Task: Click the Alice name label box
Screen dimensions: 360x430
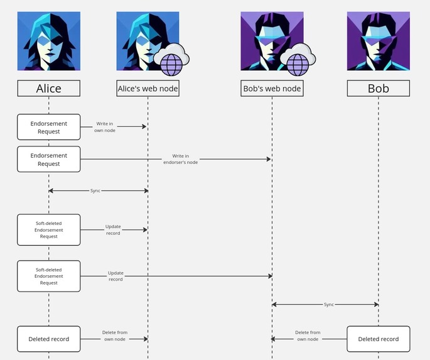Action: (48, 89)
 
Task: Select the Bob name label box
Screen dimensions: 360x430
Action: (378, 89)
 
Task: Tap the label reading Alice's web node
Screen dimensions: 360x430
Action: (148, 89)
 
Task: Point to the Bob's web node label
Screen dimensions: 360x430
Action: (272, 89)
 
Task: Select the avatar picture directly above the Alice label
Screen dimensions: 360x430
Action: (48, 41)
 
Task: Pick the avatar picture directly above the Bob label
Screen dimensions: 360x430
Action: (378, 41)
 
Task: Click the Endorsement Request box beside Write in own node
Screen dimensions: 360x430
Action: (48, 127)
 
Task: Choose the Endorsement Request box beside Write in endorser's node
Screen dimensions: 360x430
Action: (48, 159)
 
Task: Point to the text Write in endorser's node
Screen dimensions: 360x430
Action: (180, 159)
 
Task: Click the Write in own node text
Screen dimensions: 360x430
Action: (105, 127)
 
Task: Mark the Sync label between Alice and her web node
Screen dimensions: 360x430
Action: (95, 190)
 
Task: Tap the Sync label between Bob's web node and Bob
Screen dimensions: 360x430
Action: (329, 304)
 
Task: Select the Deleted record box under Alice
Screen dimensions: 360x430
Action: (48, 339)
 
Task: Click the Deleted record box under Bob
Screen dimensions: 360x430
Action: (378, 339)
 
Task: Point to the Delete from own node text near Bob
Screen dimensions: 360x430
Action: (308, 335)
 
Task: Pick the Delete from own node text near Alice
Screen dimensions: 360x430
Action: (114, 335)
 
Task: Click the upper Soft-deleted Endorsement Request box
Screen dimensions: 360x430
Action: (48, 230)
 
